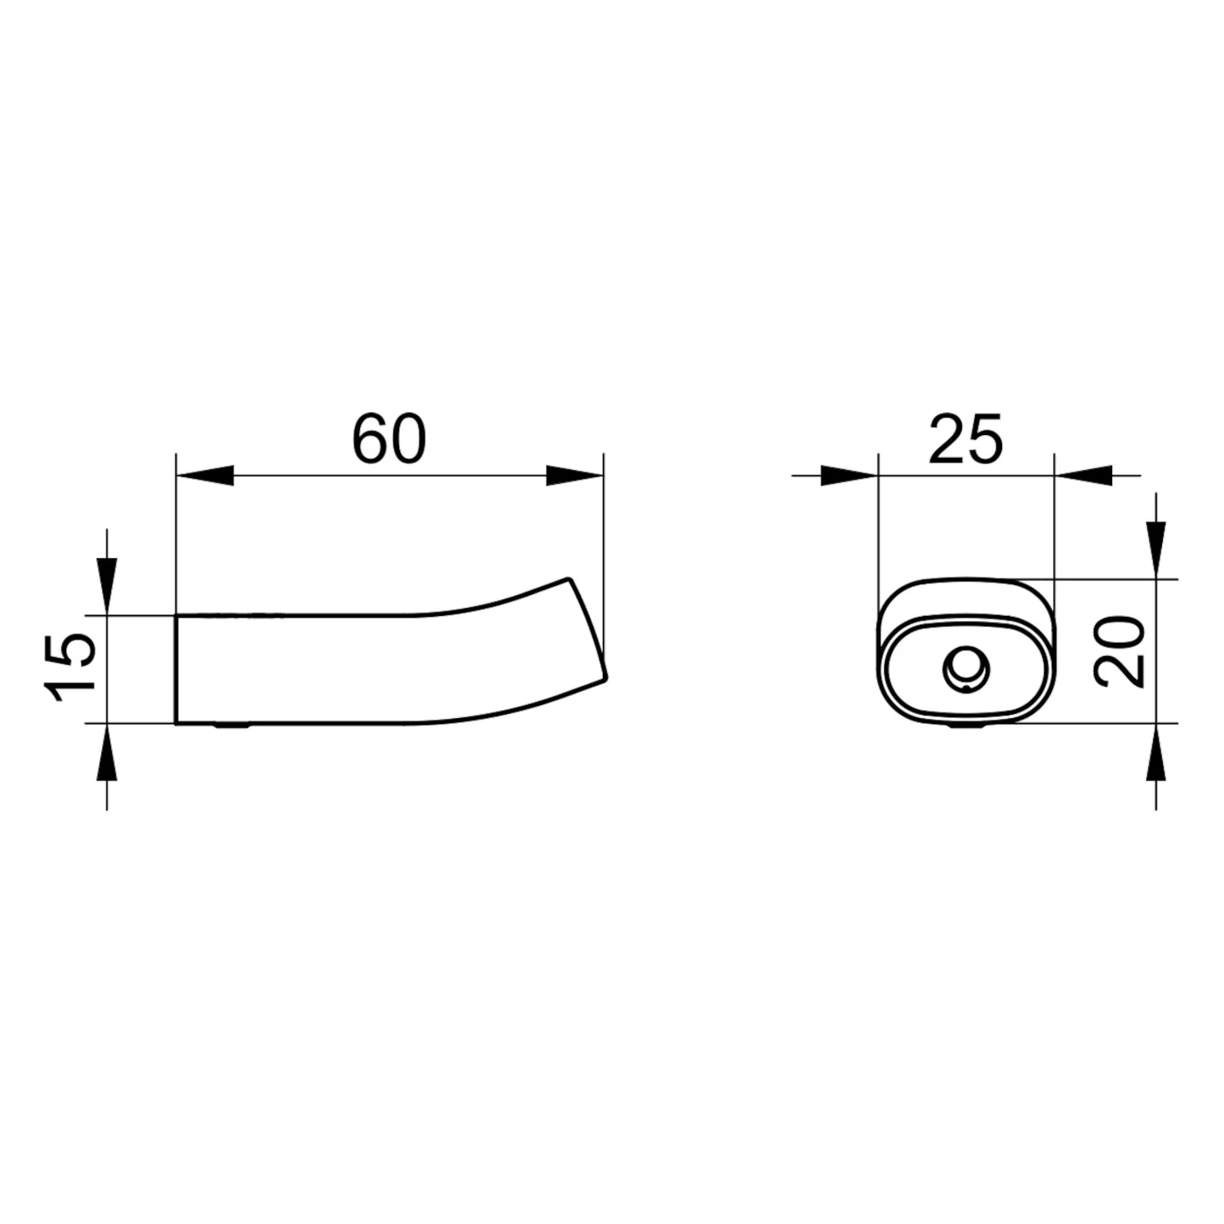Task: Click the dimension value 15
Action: pos(72,666)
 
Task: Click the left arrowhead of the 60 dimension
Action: pos(205,475)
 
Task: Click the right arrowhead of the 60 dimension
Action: pos(574,475)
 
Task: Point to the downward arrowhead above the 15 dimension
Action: pos(107,586)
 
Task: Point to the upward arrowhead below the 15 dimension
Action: pos(107,752)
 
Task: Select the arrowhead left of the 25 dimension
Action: pos(849,475)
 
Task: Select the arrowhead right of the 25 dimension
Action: pos(1083,475)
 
